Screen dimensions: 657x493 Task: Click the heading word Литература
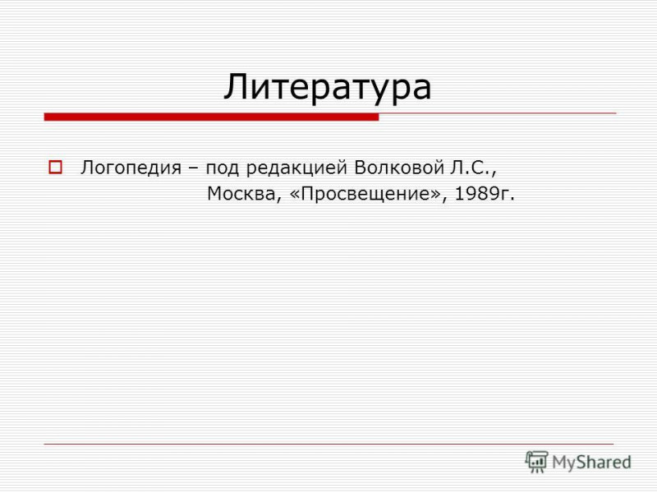click(x=327, y=88)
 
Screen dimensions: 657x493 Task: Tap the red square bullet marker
click(x=55, y=168)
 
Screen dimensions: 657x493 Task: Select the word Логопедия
click(x=131, y=168)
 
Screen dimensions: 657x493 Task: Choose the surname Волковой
click(x=399, y=168)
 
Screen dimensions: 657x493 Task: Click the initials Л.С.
click(x=471, y=168)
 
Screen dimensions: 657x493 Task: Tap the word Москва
click(x=241, y=194)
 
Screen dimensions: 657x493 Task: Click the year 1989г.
click(x=484, y=194)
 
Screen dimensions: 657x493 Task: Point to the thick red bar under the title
click(x=212, y=117)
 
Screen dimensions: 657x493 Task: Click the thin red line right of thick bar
click(x=498, y=113)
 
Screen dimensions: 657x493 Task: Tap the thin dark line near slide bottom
click(x=329, y=444)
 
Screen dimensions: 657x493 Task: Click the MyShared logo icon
click(x=537, y=462)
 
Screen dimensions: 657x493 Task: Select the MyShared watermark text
click(x=591, y=463)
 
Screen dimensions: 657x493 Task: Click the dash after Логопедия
click(x=193, y=169)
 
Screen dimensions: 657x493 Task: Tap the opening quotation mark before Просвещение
click(x=294, y=195)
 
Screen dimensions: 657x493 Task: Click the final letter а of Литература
click(x=422, y=90)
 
